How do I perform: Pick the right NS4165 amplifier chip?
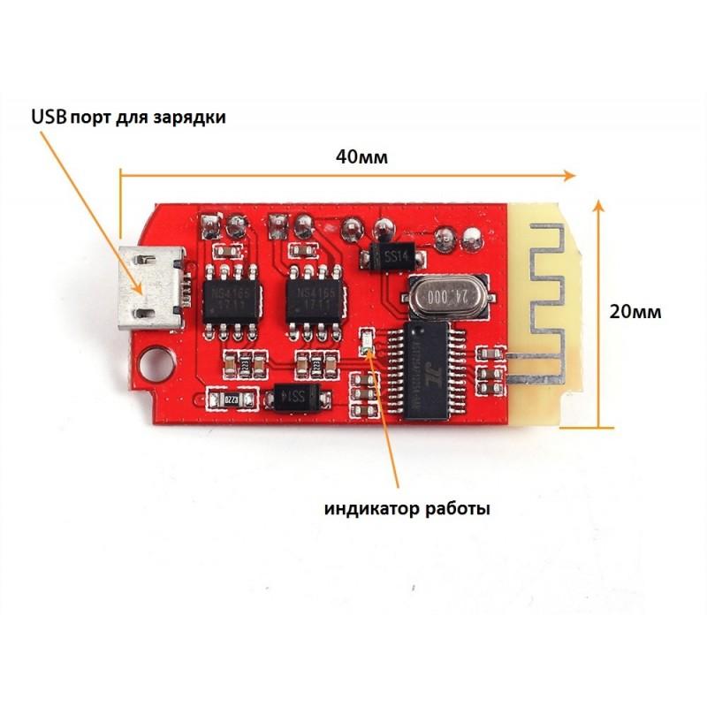(314, 300)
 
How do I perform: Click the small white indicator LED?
(368, 344)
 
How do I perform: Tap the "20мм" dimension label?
(635, 311)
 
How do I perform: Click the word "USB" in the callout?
(48, 117)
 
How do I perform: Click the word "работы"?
(458, 508)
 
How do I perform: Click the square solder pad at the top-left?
(210, 222)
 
